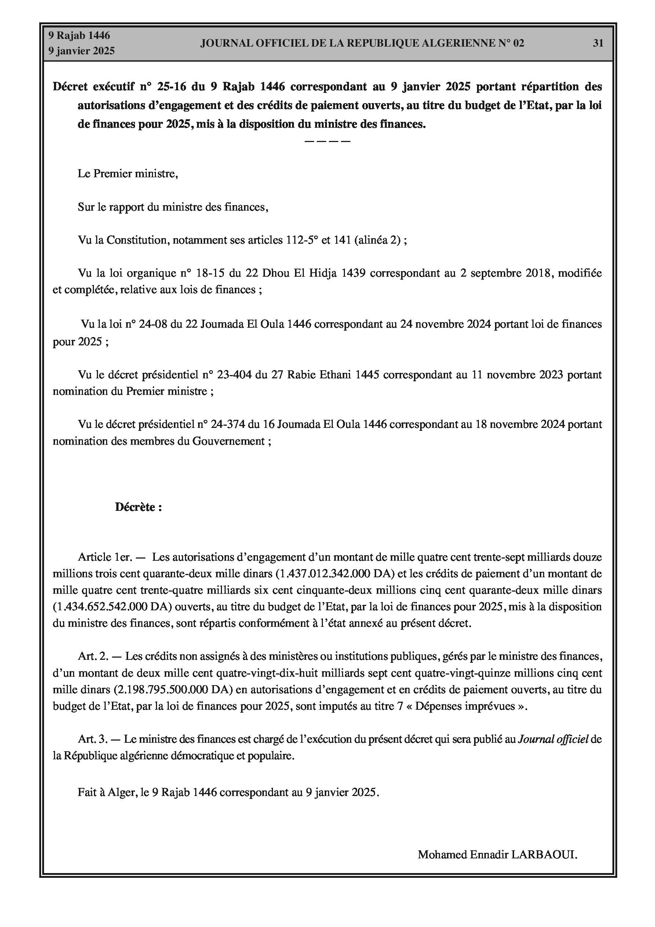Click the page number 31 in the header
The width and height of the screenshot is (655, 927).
click(x=598, y=43)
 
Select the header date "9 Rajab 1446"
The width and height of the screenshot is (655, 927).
click(x=79, y=36)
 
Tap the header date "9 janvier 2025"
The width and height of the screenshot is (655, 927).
click(x=81, y=51)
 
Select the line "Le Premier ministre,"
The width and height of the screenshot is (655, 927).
click(x=128, y=174)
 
